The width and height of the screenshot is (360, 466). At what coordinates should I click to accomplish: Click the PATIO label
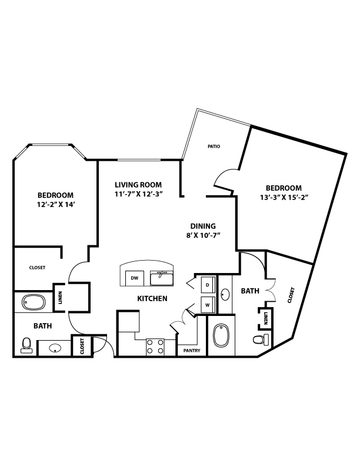coord(214,147)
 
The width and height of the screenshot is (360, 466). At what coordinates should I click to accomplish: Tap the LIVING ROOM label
coord(138,185)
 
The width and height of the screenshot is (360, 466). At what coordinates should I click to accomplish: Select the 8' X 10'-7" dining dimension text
coord(203,235)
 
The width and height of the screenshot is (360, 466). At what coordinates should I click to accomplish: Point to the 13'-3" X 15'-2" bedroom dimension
coord(284,197)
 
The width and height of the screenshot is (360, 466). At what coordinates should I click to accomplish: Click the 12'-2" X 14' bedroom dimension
coord(55,205)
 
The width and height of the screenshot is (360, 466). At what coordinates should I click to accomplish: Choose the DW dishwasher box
coord(135,278)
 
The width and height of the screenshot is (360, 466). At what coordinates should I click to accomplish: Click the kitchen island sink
coord(162,278)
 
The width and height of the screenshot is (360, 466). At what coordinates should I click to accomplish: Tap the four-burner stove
coord(155,347)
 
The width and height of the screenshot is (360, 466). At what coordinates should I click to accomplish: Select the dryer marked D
coord(208,285)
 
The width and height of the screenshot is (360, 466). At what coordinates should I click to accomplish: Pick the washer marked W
coord(208,305)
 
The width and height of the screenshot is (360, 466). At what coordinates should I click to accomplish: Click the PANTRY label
coord(192,351)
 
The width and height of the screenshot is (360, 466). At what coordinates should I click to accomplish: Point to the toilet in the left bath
coord(26,345)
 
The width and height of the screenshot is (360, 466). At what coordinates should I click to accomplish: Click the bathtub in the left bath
coord(34,303)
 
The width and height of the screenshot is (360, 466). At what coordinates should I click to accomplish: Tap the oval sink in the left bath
coord(55,348)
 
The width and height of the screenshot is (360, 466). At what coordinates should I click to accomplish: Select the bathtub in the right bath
coord(221,335)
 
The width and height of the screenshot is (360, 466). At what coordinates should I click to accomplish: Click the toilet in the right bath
coord(261,339)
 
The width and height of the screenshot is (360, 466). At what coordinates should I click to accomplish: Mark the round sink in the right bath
coord(225,295)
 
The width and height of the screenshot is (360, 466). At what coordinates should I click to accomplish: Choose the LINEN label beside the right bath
coord(266,318)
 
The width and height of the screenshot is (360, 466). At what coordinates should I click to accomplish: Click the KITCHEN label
coord(152,298)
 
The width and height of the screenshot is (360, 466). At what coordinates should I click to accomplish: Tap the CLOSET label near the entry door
coord(82,346)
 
